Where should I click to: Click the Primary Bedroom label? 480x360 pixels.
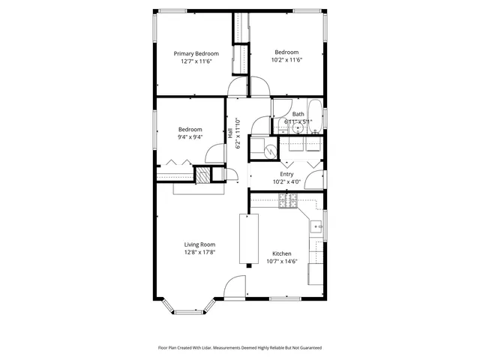pyautogui.click(x=196, y=53)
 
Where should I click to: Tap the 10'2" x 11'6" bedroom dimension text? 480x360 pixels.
pyautogui.click(x=285, y=61)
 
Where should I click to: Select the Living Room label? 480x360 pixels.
pyautogui.click(x=200, y=244)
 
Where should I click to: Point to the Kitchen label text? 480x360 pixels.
pyautogui.click(x=281, y=253)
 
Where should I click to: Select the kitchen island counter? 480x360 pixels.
pyautogui.click(x=248, y=238)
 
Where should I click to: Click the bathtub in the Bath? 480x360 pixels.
pyautogui.click(x=316, y=116)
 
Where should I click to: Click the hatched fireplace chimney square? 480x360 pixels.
pyautogui.click(x=202, y=175)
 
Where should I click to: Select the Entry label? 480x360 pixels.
pyautogui.click(x=286, y=173)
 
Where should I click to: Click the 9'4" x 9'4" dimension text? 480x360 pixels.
pyautogui.click(x=190, y=137)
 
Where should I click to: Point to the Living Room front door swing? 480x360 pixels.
pyautogui.click(x=235, y=287)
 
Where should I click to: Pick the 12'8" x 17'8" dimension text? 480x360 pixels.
pyautogui.click(x=200, y=253)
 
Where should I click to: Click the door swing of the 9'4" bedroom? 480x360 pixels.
pyautogui.click(x=215, y=153)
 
